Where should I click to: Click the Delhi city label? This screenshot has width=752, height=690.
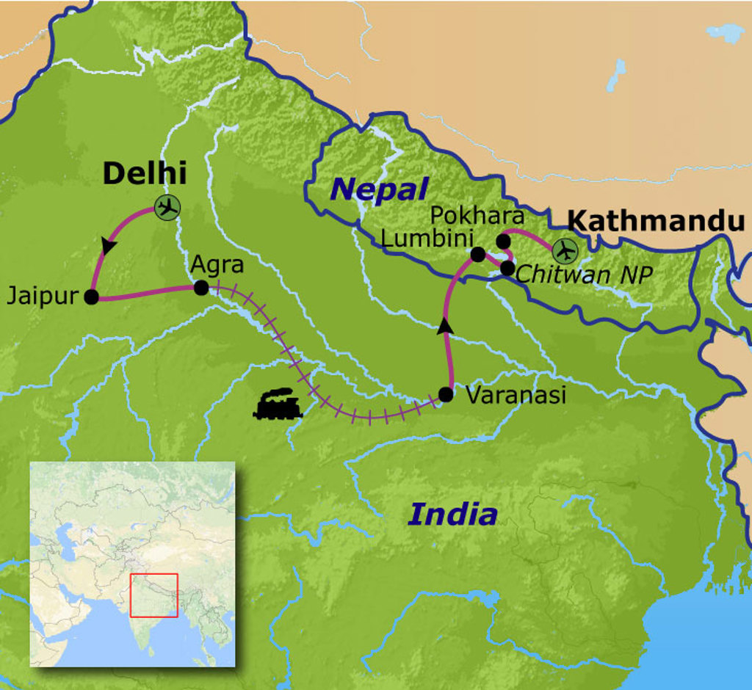point(145,173)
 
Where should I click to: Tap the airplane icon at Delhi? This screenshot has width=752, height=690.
point(168,208)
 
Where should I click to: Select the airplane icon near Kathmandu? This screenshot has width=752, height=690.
point(565,251)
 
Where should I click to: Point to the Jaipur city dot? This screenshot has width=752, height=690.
point(92,297)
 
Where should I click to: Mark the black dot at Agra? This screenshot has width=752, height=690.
point(200,288)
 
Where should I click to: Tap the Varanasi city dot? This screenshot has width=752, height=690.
point(446,395)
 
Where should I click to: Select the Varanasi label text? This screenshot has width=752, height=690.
point(516,395)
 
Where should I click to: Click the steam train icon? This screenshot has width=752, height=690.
point(278,404)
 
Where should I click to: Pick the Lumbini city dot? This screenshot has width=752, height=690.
point(478,255)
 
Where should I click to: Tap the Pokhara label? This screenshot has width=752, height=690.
point(477,216)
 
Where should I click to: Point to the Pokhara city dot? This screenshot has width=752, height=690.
point(503,241)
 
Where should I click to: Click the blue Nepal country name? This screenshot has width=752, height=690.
point(379,189)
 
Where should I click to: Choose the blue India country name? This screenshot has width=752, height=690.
point(452,514)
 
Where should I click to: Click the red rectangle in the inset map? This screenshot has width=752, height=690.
point(154,595)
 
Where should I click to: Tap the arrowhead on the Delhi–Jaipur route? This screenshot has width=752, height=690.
point(109,247)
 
